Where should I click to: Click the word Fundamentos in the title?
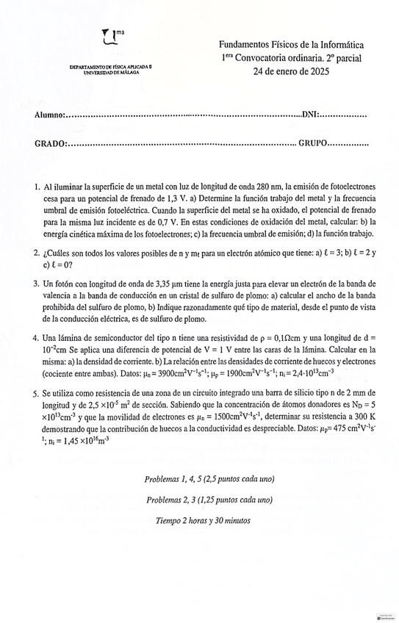[x=245, y=46]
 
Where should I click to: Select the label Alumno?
[x=49, y=115]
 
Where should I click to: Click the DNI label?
[x=312, y=115]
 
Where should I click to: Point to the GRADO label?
[x=50, y=144]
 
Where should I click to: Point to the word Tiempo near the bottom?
[x=171, y=520]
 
